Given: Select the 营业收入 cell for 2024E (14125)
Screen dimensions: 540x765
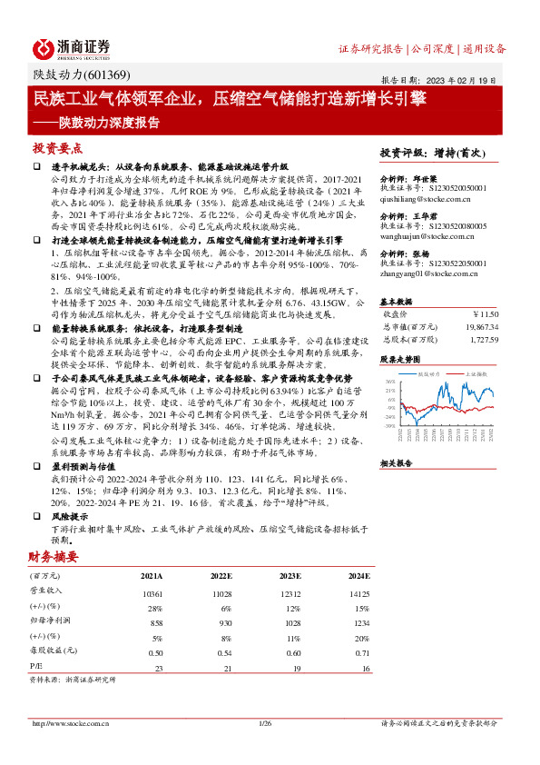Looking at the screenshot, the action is tap(359, 592).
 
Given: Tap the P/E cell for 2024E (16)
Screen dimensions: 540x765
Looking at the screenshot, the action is tap(366, 668).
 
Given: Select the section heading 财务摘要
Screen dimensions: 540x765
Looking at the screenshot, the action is tap(53, 556).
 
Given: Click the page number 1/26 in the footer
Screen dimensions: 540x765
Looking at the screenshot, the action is tap(266, 723).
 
